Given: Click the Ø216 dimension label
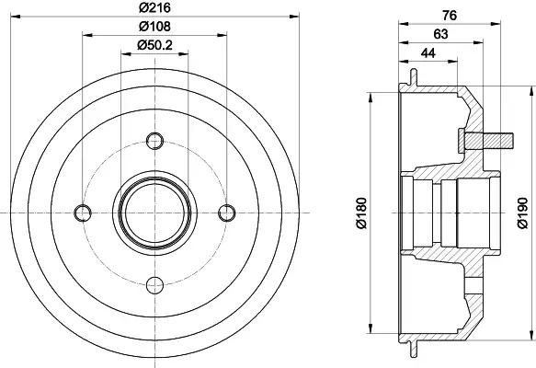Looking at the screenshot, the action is tap(154, 7).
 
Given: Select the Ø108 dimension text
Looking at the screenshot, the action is tap(154, 27).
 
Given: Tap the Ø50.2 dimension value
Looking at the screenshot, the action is tap(154, 45).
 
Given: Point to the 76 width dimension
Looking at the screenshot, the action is tap(450, 16).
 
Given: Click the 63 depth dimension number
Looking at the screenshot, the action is tap(440, 34).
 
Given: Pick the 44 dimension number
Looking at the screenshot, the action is tap(428, 53).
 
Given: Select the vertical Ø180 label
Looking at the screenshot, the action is tap(361, 213).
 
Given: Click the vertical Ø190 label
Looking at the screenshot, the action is tap(522, 213).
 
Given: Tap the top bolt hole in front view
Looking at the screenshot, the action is tap(154, 141).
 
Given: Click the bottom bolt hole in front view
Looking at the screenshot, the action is tap(154, 285).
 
